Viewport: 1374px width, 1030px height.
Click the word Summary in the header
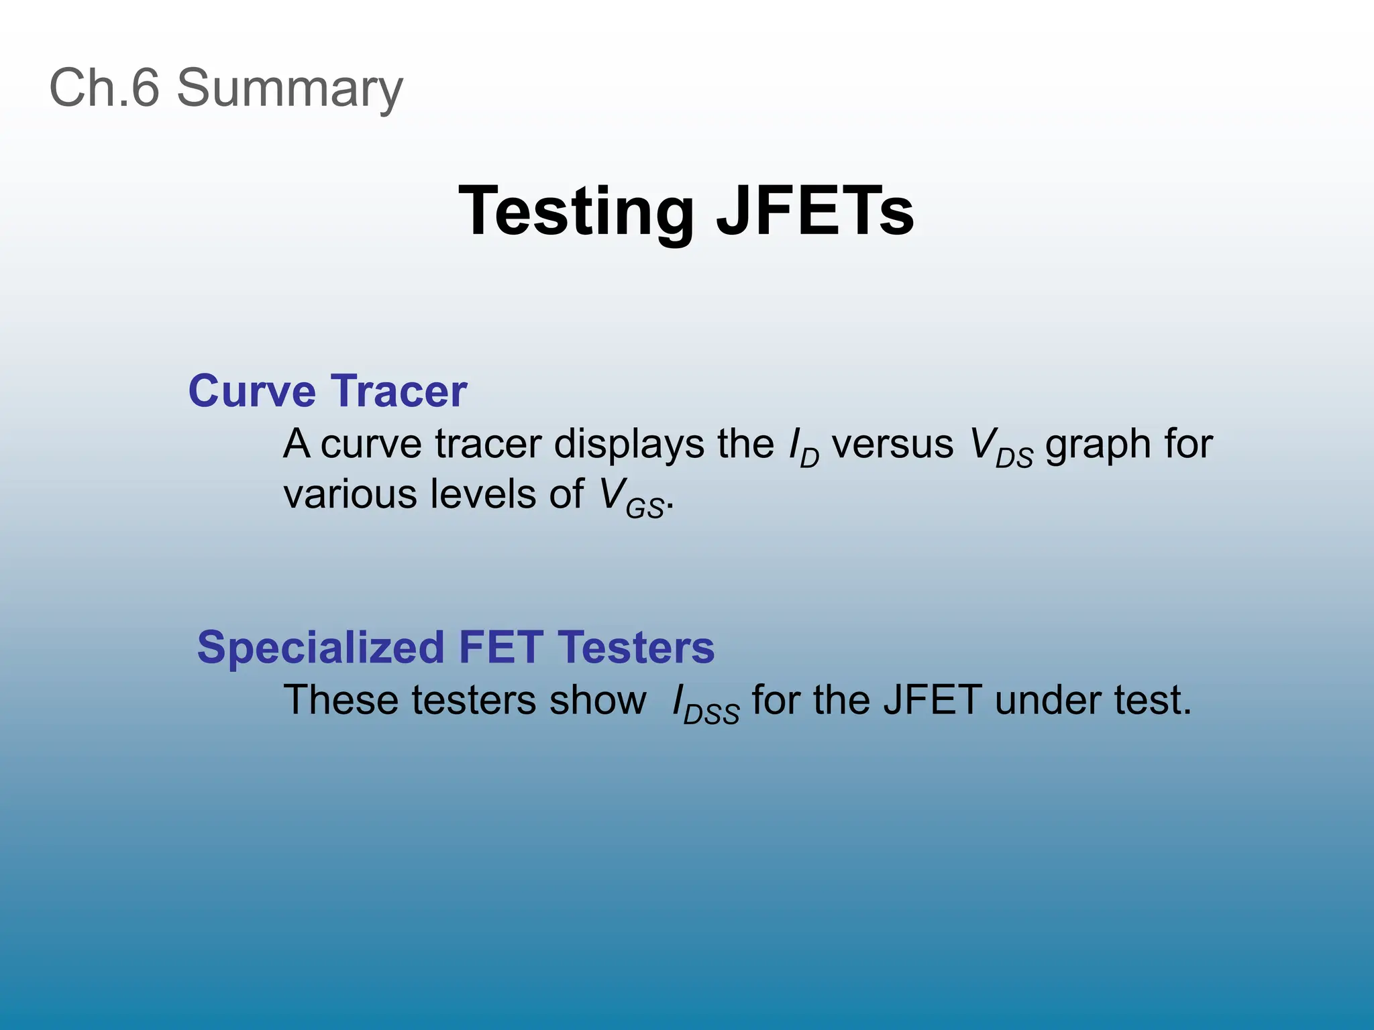tap(289, 89)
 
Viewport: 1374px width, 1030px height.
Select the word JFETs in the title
tap(814, 212)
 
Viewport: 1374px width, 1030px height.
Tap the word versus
tap(892, 445)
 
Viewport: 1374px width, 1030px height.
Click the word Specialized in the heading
tap(321, 648)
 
